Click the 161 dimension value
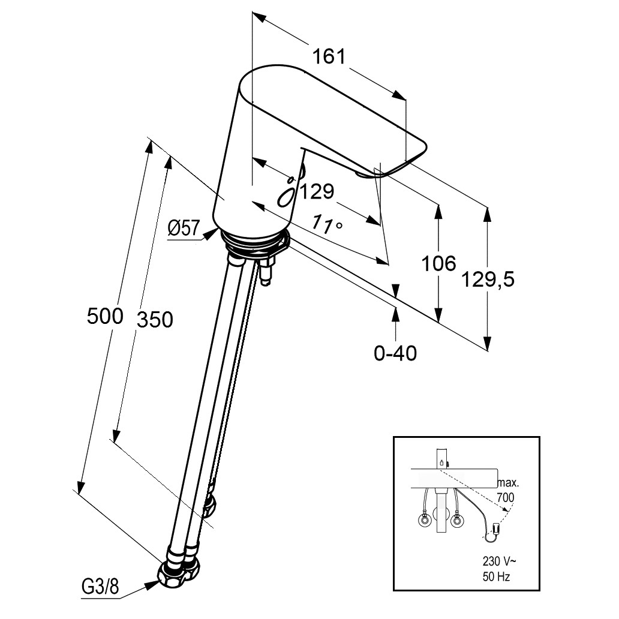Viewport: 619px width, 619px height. pyautogui.click(x=329, y=56)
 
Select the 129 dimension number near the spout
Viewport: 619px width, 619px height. pyautogui.click(x=317, y=191)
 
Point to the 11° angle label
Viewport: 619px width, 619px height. pyautogui.click(x=327, y=224)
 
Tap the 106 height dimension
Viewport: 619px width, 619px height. pyautogui.click(x=438, y=263)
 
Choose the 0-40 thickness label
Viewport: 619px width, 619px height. pyautogui.click(x=395, y=353)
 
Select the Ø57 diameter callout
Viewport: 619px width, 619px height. pyautogui.click(x=184, y=228)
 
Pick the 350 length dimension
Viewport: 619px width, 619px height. pyautogui.click(x=154, y=319)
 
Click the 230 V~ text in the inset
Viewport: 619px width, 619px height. pyautogui.click(x=498, y=561)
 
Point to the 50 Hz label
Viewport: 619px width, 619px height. pyautogui.click(x=496, y=577)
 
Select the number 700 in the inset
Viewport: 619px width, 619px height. pyautogui.click(x=506, y=497)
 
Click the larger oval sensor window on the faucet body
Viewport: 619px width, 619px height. pyautogui.click(x=287, y=197)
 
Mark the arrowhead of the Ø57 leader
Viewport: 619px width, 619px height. pyautogui.click(x=212, y=235)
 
